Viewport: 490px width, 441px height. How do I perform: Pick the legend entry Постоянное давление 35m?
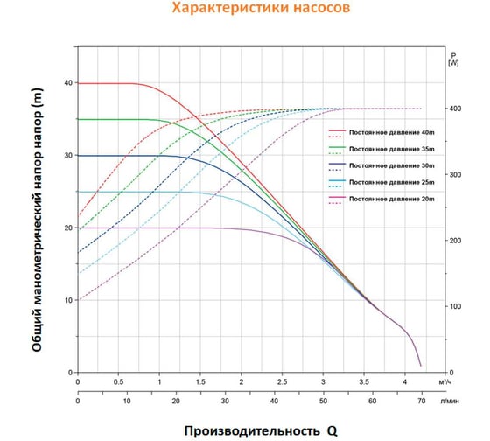[390, 148]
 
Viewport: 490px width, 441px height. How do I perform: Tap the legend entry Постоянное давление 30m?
[390, 164]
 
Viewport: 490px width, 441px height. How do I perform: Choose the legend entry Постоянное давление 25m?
[390, 182]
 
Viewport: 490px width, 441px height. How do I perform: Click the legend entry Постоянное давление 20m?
[390, 199]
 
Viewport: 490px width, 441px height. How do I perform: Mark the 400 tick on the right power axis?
[453, 108]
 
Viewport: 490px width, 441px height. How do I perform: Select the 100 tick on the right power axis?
[453, 306]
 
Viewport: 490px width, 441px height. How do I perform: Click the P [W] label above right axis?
[452, 58]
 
